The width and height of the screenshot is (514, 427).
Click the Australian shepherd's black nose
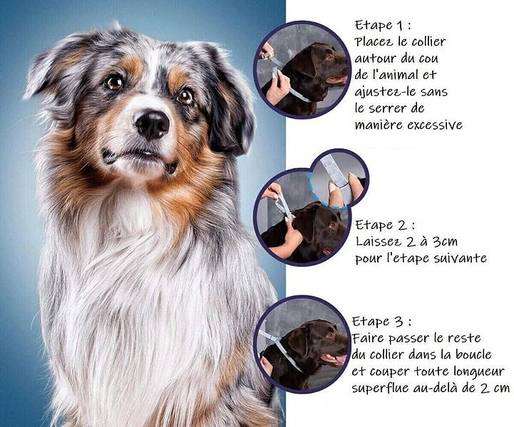click(152, 123)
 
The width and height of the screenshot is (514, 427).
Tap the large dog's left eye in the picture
click(114, 82)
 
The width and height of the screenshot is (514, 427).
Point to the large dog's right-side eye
click(185, 95)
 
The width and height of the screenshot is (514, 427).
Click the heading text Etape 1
click(383, 25)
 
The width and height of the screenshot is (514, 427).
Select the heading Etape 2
click(385, 225)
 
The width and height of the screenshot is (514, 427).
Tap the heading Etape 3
click(381, 321)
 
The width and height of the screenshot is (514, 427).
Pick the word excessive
click(435, 125)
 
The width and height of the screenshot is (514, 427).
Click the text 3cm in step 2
click(445, 242)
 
